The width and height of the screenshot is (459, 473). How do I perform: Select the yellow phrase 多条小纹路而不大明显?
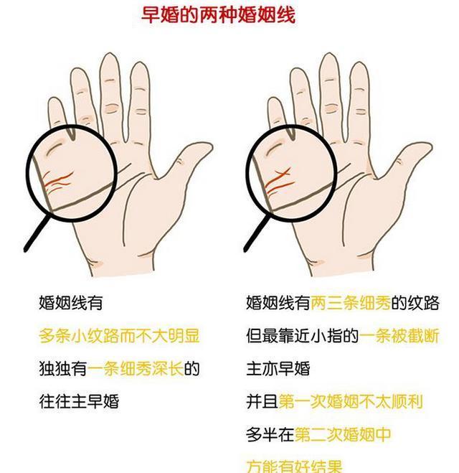[118, 336]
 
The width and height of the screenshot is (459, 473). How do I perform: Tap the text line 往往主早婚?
[78, 401]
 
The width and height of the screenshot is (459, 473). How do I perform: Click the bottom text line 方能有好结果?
[294, 464]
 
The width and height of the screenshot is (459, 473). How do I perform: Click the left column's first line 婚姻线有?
[70, 303]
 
